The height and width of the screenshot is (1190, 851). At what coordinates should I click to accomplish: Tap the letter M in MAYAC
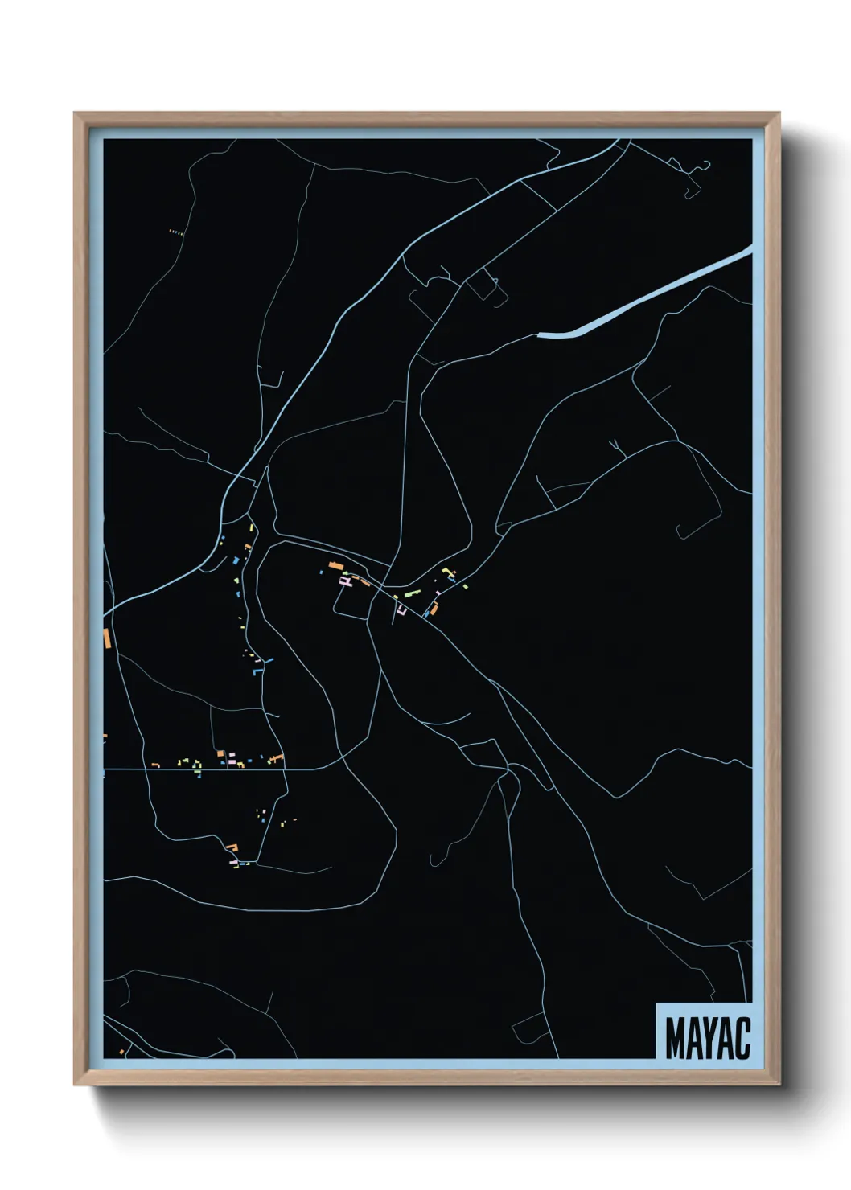(x=674, y=1038)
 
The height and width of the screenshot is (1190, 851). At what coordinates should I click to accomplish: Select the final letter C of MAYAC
(x=742, y=1038)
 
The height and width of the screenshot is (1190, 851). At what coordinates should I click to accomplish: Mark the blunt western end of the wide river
(x=540, y=334)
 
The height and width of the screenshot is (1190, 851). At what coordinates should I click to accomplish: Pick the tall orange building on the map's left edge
(x=106, y=638)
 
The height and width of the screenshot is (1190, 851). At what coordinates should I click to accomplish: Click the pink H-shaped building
(x=345, y=580)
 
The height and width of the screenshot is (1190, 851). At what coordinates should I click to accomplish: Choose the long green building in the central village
(x=412, y=595)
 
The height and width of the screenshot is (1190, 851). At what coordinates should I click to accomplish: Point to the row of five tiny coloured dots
(x=176, y=232)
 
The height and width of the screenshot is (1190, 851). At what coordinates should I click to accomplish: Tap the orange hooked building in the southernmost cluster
(x=233, y=847)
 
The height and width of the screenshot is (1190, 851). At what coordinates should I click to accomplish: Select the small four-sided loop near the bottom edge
(x=528, y=1026)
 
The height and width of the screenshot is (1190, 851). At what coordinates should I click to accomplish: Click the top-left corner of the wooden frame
(x=76, y=115)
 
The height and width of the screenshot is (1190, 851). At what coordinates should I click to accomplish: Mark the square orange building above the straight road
(x=220, y=753)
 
